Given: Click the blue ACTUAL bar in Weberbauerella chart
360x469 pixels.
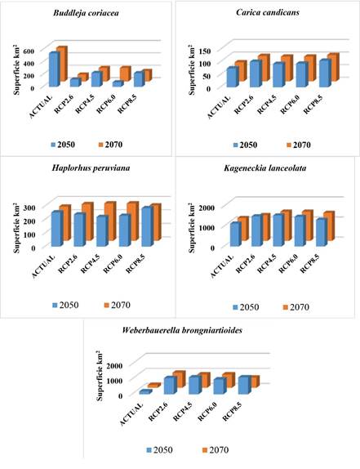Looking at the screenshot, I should pos(145,393).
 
